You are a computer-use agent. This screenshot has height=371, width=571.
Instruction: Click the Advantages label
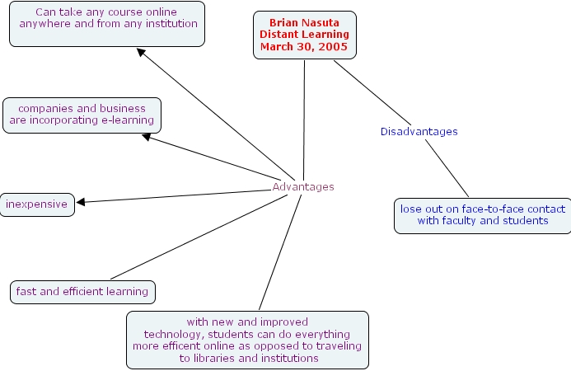coord(303,187)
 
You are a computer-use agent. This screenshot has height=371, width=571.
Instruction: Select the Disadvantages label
coord(419,132)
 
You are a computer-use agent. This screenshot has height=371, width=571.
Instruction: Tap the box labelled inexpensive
coord(37,204)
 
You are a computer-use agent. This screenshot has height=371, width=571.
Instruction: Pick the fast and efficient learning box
coord(82,291)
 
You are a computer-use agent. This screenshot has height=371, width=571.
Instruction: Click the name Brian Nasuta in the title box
coord(304,23)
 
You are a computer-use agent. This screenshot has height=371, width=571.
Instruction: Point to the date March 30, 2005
coord(304,46)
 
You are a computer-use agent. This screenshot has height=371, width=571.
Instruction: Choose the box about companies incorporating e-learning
coord(82,115)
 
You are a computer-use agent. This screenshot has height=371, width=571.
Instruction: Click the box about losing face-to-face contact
coord(483,214)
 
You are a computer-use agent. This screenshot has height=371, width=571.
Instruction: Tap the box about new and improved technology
coord(247,340)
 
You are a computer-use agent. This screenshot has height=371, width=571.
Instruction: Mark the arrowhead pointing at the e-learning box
coord(147,138)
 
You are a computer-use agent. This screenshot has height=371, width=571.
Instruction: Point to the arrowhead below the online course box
coord(141,53)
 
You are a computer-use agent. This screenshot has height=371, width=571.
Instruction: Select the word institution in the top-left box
coord(169,24)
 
